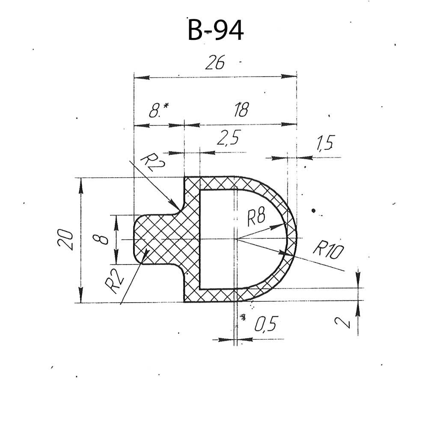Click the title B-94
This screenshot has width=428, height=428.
215,30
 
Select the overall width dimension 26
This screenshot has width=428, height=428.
215,62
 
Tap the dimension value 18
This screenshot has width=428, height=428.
241,110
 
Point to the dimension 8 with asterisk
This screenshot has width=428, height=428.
159,110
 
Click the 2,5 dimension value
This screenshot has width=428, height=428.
229,137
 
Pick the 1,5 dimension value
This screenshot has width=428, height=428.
325,143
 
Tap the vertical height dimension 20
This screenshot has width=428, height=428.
65,239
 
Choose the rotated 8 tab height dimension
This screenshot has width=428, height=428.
100,240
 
